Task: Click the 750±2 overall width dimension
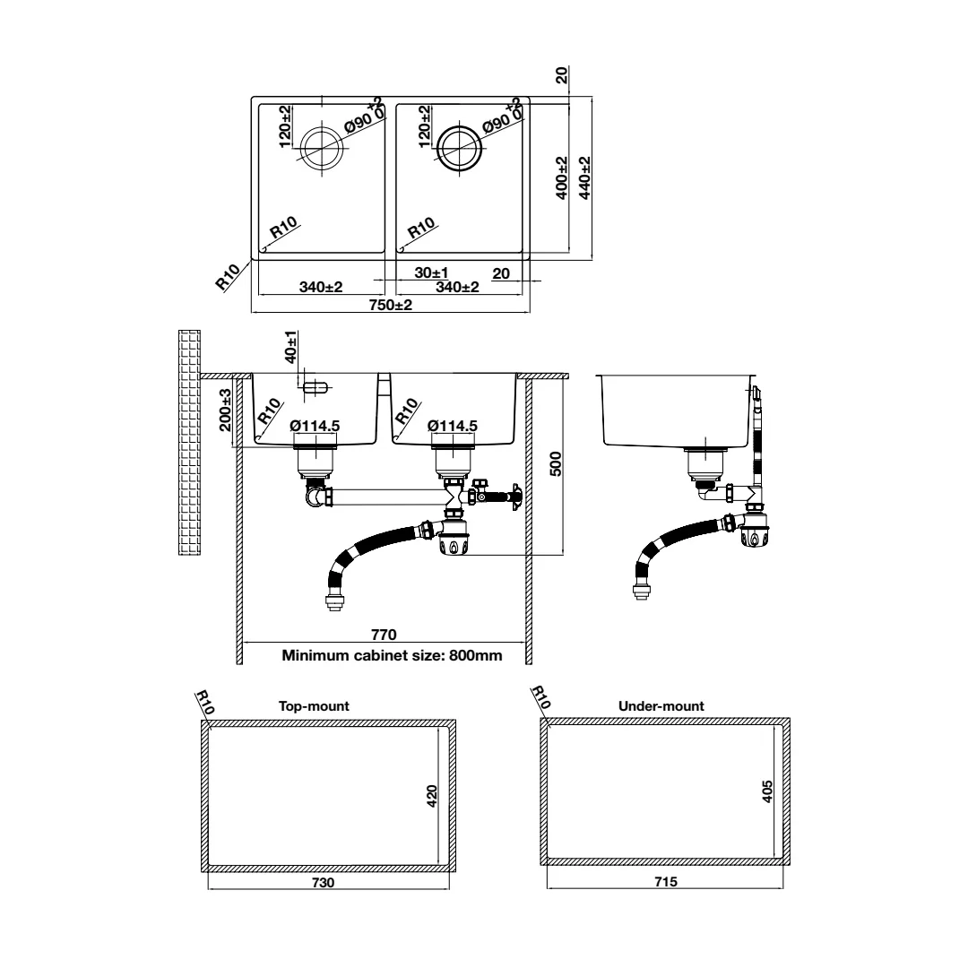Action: point(390,305)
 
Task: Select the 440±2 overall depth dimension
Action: point(584,177)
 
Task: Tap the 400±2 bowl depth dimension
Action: point(561,177)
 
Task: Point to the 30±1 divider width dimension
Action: point(431,272)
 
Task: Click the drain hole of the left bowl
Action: point(321,148)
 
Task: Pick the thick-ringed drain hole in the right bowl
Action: point(459,148)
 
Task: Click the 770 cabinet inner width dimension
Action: point(384,635)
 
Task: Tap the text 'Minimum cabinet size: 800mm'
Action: point(392,655)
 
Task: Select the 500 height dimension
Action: point(556,463)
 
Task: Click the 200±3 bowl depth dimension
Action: point(225,410)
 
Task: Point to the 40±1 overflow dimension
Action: point(290,346)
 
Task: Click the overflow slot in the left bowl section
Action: point(315,387)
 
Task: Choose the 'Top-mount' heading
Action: point(314,705)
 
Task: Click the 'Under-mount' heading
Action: point(661,705)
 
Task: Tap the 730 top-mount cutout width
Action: point(323,882)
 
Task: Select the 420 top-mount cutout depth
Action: point(432,796)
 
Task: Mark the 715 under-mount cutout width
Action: point(666,882)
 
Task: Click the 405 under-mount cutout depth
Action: point(767,791)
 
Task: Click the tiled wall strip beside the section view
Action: point(189,442)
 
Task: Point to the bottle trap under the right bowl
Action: point(454,537)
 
